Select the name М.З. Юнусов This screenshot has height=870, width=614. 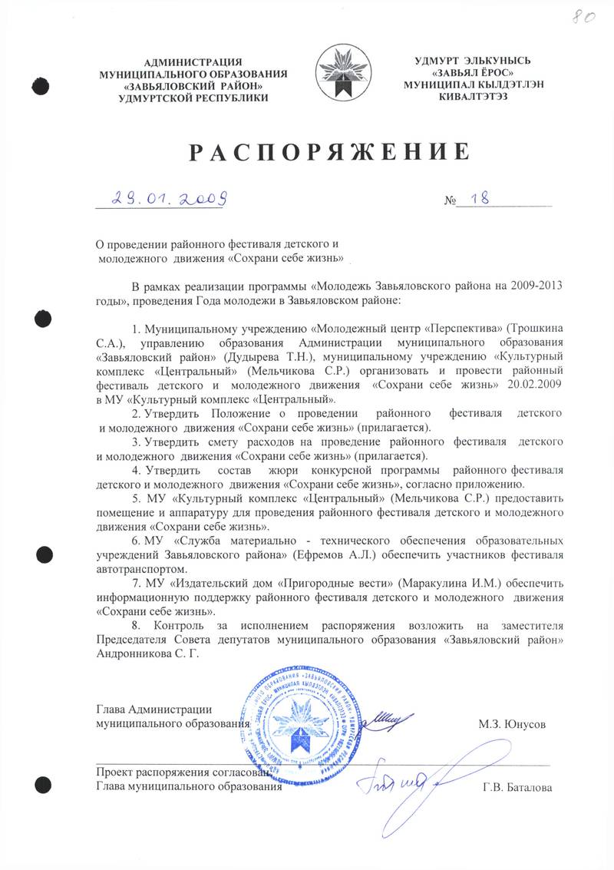(512, 723)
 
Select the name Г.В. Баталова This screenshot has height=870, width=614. (517, 786)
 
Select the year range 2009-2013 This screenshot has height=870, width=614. (534, 285)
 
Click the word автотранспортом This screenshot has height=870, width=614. (141, 569)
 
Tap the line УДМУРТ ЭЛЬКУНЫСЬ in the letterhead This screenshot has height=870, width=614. (462, 61)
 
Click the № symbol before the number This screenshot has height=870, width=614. (450, 201)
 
